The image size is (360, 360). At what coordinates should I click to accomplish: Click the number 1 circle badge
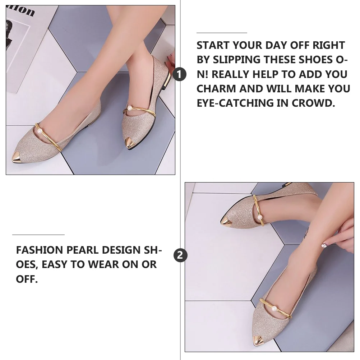click(180, 74)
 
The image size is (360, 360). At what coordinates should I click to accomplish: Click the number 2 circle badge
click(180, 255)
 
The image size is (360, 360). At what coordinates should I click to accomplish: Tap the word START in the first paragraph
click(213, 46)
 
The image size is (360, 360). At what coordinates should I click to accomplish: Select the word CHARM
click(216, 89)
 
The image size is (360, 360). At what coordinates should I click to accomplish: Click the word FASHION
click(39, 250)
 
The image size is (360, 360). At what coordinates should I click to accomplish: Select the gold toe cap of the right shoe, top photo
click(130, 144)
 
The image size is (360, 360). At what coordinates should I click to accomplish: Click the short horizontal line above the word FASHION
click(38, 235)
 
